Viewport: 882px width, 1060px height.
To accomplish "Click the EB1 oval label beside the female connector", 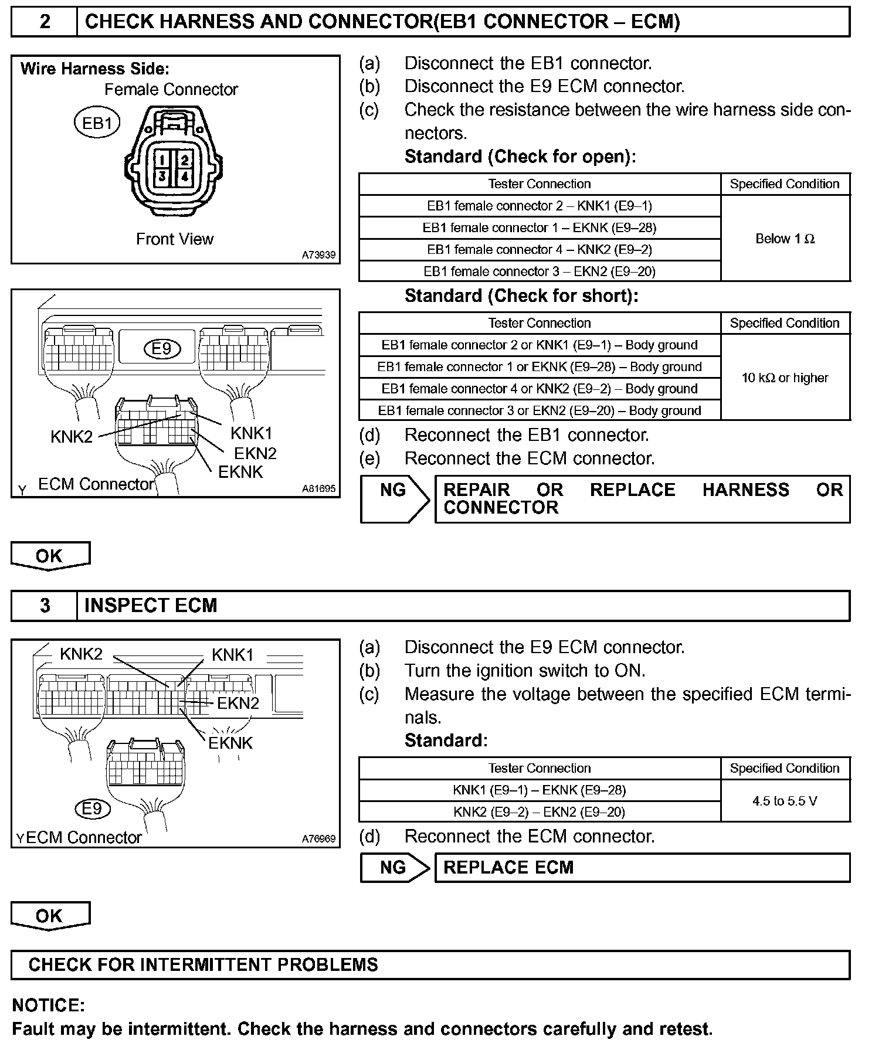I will [x=97, y=123].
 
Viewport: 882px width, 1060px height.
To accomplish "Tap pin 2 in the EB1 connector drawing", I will [x=184, y=159].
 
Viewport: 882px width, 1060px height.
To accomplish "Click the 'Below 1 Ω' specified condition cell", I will [x=785, y=239].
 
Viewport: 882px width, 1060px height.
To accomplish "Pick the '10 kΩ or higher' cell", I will [x=785, y=378].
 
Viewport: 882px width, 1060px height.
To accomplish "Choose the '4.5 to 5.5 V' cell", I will [x=785, y=801].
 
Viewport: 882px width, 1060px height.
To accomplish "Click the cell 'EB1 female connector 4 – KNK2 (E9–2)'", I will [x=540, y=250].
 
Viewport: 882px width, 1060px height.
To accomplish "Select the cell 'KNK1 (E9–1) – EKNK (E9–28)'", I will [x=540, y=790].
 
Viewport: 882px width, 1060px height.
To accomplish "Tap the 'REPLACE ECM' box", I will [x=642, y=868].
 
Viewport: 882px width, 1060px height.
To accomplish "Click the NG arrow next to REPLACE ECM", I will [x=395, y=868].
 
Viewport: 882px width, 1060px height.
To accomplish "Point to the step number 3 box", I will [x=45, y=606].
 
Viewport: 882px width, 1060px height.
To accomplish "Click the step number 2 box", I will [x=45, y=22].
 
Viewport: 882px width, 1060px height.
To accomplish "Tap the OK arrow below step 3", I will [x=50, y=916].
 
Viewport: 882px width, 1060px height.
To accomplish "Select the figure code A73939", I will [x=318, y=255].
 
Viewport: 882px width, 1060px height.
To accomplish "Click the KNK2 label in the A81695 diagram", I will [x=72, y=437].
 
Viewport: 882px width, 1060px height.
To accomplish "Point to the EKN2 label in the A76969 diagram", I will [x=238, y=703].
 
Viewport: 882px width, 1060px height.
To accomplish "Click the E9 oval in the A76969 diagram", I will [x=93, y=809].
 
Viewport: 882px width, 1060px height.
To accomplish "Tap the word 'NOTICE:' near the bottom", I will [x=49, y=1005].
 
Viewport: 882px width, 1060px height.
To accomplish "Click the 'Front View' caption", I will [x=175, y=239].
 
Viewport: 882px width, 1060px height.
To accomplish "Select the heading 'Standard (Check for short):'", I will [x=521, y=296].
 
